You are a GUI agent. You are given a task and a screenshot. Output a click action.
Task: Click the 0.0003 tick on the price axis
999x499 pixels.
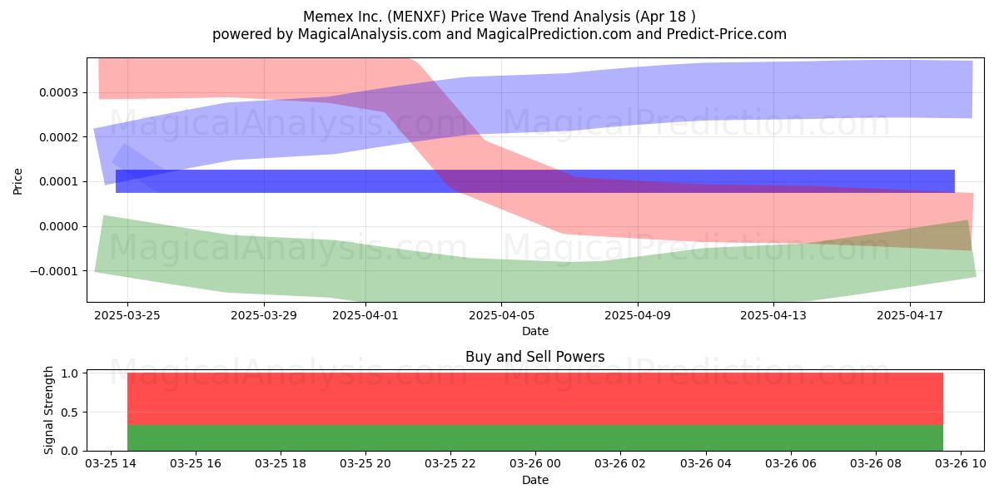click(x=58, y=92)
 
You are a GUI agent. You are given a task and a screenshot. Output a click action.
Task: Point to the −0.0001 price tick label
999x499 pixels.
click(x=54, y=271)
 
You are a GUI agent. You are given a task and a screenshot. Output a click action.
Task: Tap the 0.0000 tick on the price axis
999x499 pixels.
click(x=58, y=227)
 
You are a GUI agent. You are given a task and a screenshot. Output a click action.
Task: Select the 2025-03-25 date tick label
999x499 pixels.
click(x=127, y=315)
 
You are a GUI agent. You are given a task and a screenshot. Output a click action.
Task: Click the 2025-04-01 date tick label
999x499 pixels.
click(x=365, y=315)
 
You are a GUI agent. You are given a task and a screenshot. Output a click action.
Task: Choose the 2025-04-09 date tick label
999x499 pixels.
click(x=638, y=315)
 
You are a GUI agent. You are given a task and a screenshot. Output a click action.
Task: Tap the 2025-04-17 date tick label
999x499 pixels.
click(x=910, y=315)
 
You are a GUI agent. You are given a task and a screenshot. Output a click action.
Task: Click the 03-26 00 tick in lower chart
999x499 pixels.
click(x=535, y=464)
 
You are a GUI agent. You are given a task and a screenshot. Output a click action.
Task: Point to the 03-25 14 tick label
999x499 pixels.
click(x=111, y=464)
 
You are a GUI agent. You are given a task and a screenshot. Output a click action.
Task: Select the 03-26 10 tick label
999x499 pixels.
click(x=960, y=464)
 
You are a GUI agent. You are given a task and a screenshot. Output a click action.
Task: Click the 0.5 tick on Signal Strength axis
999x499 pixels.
click(x=70, y=413)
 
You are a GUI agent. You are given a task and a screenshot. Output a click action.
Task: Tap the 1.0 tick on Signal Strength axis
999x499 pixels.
click(x=70, y=373)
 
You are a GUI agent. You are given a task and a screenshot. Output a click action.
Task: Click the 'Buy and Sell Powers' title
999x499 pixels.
click(x=535, y=357)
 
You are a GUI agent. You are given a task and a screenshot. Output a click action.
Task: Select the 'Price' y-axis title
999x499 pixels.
click(x=17, y=181)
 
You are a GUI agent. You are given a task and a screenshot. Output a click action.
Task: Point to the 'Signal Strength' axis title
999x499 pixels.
click(x=48, y=410)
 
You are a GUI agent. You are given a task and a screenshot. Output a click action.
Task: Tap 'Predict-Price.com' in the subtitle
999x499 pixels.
click(x=727, y=34)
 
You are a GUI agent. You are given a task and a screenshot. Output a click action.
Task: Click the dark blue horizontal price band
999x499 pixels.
click(x=535, y=181)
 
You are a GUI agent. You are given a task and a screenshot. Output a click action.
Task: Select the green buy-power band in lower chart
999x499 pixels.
click(x=535, y=438)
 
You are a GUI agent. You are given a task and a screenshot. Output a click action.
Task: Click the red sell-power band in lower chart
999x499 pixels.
click(x=535, y=399)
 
